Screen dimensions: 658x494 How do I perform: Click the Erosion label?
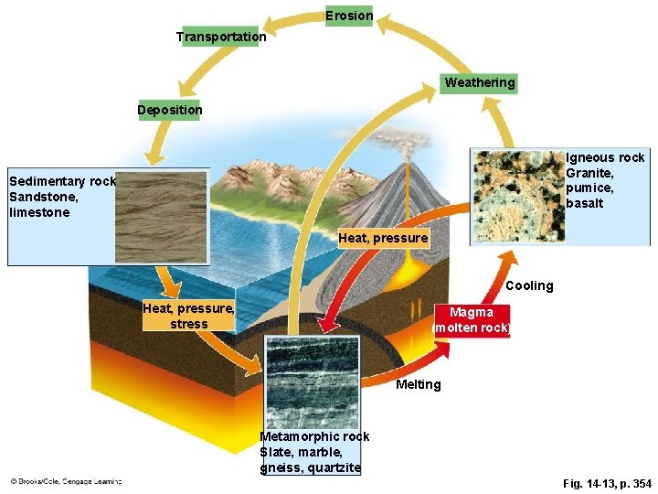pyautogui.click(x=349, y=16)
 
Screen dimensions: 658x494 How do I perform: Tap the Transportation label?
pyautogui.click(x=221, y=37)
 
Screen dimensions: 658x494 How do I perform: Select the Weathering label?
pyautogui.click(x=480, y=83)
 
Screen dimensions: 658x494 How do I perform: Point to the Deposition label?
pyautogui.click(x=170, y=110)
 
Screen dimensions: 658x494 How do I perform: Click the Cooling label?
pyautogui.click(x=529, y=286)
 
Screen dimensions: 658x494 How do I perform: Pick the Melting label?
pyautogui.click(x=418, y=384)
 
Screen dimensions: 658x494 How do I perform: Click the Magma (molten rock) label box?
pyautogui.click(x=472, y=320)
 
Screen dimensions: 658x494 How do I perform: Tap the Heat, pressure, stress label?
pyautogui.click(x=188, y=316)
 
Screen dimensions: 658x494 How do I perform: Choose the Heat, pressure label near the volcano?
pyautogui.click(x=383, y=238)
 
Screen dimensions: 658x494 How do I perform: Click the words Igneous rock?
pyautogui.click(x=605, y=157)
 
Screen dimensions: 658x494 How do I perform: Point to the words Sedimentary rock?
pyautogui.click(x=62, y=181)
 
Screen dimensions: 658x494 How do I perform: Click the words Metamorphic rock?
pyautogui.click(x=314, y=436)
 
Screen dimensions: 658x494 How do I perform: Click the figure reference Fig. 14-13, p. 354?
pyautogui.click(x=607, y=483)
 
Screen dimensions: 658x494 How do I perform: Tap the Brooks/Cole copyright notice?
pyautogui.click(x=66, y=480)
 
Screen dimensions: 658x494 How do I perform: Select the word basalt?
pyautogui.click(x=585, y=203)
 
